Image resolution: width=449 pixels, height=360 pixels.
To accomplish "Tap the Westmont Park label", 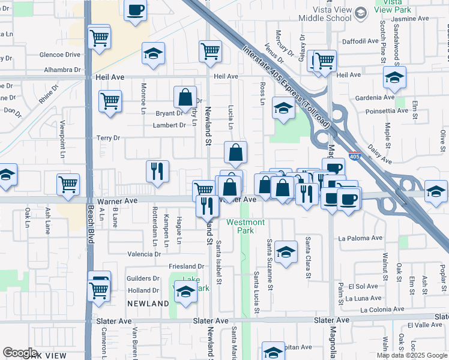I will (x=245, y=227).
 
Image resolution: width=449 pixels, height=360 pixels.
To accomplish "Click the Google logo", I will (x=20, y=353).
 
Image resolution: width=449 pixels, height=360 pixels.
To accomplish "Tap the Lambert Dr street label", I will (x=169, y=125).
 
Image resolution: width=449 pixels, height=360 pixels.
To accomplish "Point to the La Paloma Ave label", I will (x=360, y=238).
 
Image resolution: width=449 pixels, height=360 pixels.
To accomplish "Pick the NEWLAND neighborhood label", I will (x=148, y=304).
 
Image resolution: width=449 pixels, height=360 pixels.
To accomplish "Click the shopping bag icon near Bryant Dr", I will (x=185, y=97).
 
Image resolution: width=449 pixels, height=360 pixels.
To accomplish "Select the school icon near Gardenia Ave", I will (x=394, y=77).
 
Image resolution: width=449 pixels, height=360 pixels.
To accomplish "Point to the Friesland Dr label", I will (x=187, y=266).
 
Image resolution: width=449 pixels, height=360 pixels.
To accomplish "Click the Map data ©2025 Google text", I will (x=411, y=355).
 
